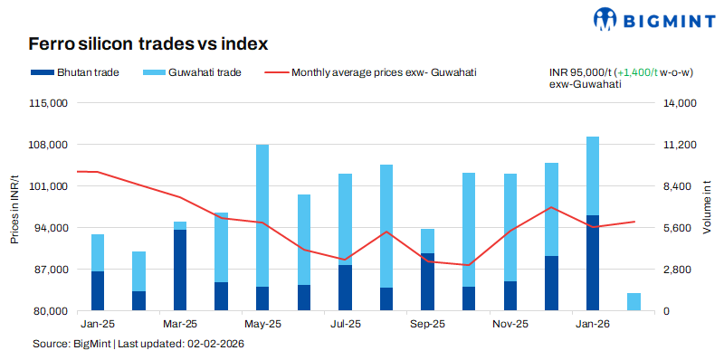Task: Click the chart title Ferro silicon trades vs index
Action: coord(148,43)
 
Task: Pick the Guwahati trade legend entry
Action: coord(195,72)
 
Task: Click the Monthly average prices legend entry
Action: coord(370,72)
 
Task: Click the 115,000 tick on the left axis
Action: coord(50,103)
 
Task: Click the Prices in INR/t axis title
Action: coord(14,207)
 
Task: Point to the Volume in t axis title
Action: coord(708,207)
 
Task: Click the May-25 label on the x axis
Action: coord(262,323)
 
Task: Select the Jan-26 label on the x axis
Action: coord(593,323)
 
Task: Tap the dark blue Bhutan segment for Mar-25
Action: coord(180,270)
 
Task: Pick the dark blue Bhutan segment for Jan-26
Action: coord(593,262)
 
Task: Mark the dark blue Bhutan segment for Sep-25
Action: coord(427,282)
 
